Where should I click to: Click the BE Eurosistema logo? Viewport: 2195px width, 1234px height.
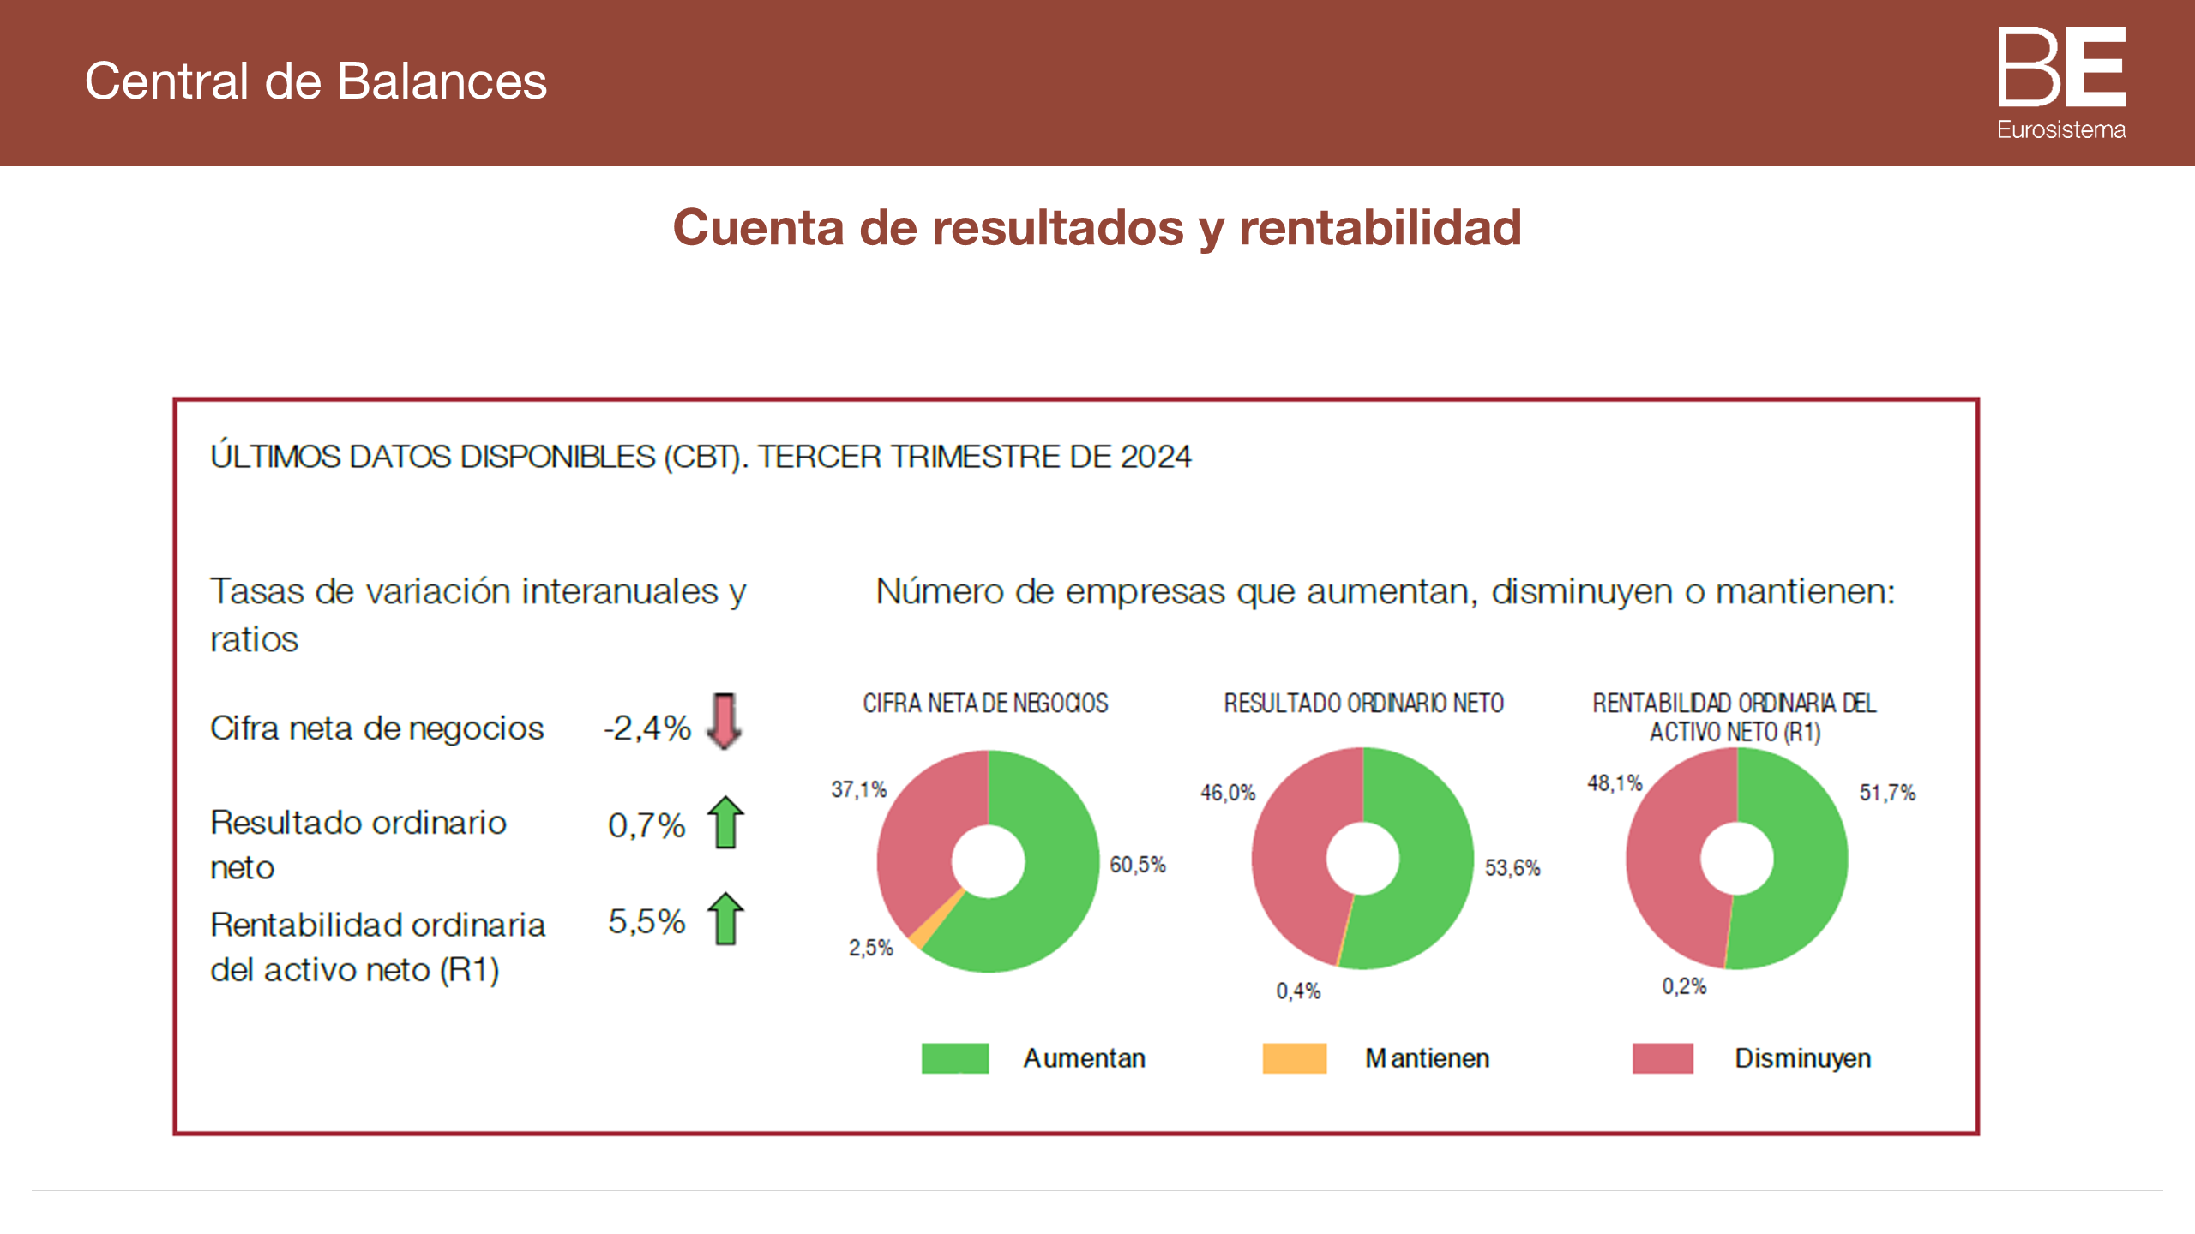click(2061, 83)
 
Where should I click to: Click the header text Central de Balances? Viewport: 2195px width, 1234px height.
click(316, 81)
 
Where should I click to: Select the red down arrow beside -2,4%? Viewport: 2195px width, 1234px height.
click(725, 721)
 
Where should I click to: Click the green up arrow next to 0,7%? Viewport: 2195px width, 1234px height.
click(725, 823)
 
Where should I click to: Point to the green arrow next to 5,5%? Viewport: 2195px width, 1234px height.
click(725, 920)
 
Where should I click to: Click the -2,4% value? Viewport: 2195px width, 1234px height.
click(647, 728)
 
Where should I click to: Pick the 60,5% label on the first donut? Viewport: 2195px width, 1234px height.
click(1137, 865)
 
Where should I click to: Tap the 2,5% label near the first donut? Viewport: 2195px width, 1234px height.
click(870, 948)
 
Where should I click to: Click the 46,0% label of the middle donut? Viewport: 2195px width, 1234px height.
click(1227, 793)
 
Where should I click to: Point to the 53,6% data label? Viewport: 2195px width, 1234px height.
click(1512, 868)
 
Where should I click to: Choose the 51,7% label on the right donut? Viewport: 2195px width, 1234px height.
click(1886, 793)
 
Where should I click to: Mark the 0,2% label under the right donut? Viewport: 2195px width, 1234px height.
click(1684, 986)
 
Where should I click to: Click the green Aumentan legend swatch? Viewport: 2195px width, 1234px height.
click(954, 1058)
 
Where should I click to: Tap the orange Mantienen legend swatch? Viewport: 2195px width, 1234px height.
click(1294, 1058)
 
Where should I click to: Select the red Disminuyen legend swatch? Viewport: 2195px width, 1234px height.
click(1662, 1058)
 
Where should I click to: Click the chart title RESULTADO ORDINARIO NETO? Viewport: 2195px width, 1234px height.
click(1363, 704)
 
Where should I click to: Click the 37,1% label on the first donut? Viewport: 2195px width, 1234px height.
click(858, 789)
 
